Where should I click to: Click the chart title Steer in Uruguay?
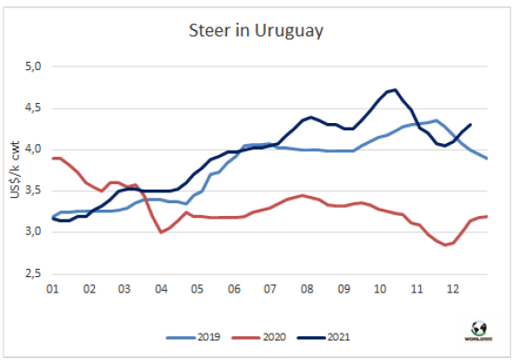pyautogui.click(x=256, y=31)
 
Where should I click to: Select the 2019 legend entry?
pyautogui.click(x=193, y=337)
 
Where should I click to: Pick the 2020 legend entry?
pyautogui.click(x=259, y=337)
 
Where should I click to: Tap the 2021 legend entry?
pyautogui.click(x=323, y=337)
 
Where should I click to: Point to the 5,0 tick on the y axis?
pyautogui.click(x=33, y=67)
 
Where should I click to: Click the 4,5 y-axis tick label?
pyautogui.click(x=33, y=108)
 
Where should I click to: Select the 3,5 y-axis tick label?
pyautogui.click(x=33, y=190)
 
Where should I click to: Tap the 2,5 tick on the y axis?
pyautogui.click(x=33, y=273)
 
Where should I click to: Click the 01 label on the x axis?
pyautogui.click(x=52, y=289)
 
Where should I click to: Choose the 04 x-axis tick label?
pyautogui.click(x=161, y=289)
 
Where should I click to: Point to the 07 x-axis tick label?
pyautogui.click(x=270, y=289)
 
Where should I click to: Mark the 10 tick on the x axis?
pyautogui.click(x=380, y=289)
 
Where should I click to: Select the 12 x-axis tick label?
pyautogui.click(x=453, y=289)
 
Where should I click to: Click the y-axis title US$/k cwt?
pyautogui.click(x=15, y=170)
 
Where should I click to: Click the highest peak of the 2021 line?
pyautogui.click(x=395, y=89)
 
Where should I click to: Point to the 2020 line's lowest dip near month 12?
pyautogui.click(x=445, y=244)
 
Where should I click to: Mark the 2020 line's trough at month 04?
pyautogui.click(x=161, y=232)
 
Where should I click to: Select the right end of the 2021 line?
pyautogui.click(x=470, y=124)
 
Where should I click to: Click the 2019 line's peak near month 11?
pyautogui.click(x=436, y=120)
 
